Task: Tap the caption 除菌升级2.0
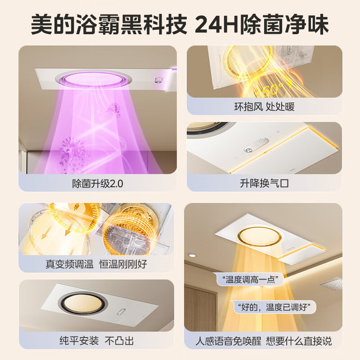[97, 183]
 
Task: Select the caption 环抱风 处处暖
[264, 107]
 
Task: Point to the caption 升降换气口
[264, 183]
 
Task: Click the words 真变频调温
[69, 264]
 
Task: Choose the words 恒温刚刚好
[123, 264]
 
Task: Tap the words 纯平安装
[79, 341]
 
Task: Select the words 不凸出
[119, 341]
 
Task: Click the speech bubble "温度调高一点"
[250, 280]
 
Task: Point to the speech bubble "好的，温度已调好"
[274, 307]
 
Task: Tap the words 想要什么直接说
[299, 341]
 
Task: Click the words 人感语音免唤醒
[228, 341]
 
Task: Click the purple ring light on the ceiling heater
[93, 79]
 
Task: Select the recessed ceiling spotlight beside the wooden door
[192, 255]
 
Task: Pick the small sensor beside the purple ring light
[159, 80]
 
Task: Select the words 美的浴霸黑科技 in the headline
[109, 24]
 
